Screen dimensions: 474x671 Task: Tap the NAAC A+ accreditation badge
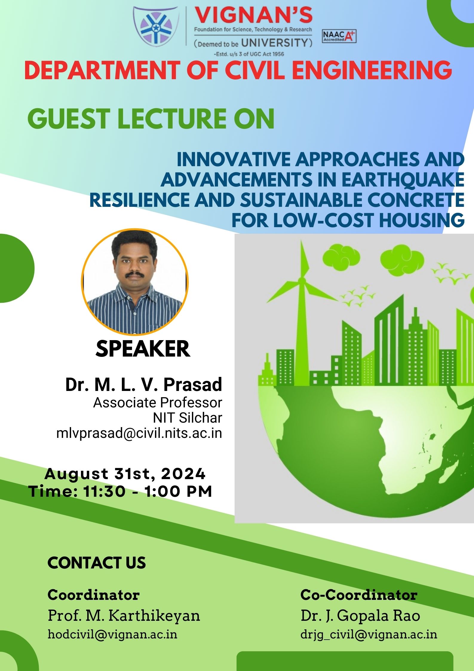339,36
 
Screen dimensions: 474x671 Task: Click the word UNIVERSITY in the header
274,42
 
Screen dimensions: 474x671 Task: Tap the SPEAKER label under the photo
143,349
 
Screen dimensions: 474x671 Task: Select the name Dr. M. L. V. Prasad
144,384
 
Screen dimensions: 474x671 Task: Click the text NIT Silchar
188,418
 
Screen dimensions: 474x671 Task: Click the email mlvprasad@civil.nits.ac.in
139,433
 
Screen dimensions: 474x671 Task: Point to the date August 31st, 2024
125,474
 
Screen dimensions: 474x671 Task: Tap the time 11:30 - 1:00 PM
148,491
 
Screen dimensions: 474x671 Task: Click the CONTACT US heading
97,563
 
